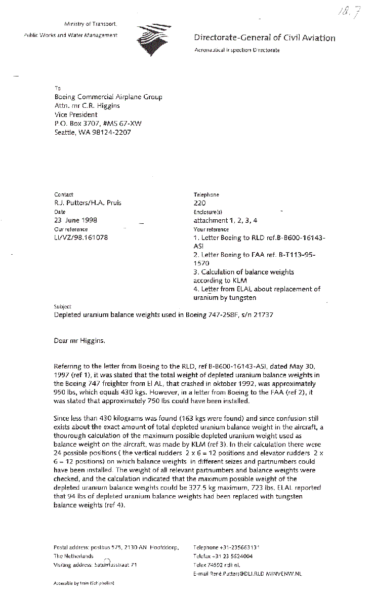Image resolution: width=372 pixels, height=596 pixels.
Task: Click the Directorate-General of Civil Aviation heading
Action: point(264,38)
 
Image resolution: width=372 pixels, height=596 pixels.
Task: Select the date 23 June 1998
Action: point(75,220)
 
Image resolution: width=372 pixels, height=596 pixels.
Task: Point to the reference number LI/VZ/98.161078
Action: point(80,237)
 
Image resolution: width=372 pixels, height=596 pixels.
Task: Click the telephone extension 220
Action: point(199,203)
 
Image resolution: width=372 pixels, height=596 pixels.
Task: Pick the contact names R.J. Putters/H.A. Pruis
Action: point(88,203)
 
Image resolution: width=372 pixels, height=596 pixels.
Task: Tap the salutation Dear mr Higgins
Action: point(80,341)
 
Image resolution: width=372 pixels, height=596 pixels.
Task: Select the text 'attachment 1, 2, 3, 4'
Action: point(225,220)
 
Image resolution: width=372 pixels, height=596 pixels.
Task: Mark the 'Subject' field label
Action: point(62,306)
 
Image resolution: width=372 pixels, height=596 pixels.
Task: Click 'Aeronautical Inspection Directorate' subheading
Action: point(237,50)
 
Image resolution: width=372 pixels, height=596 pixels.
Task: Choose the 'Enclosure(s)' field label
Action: point(208,212)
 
